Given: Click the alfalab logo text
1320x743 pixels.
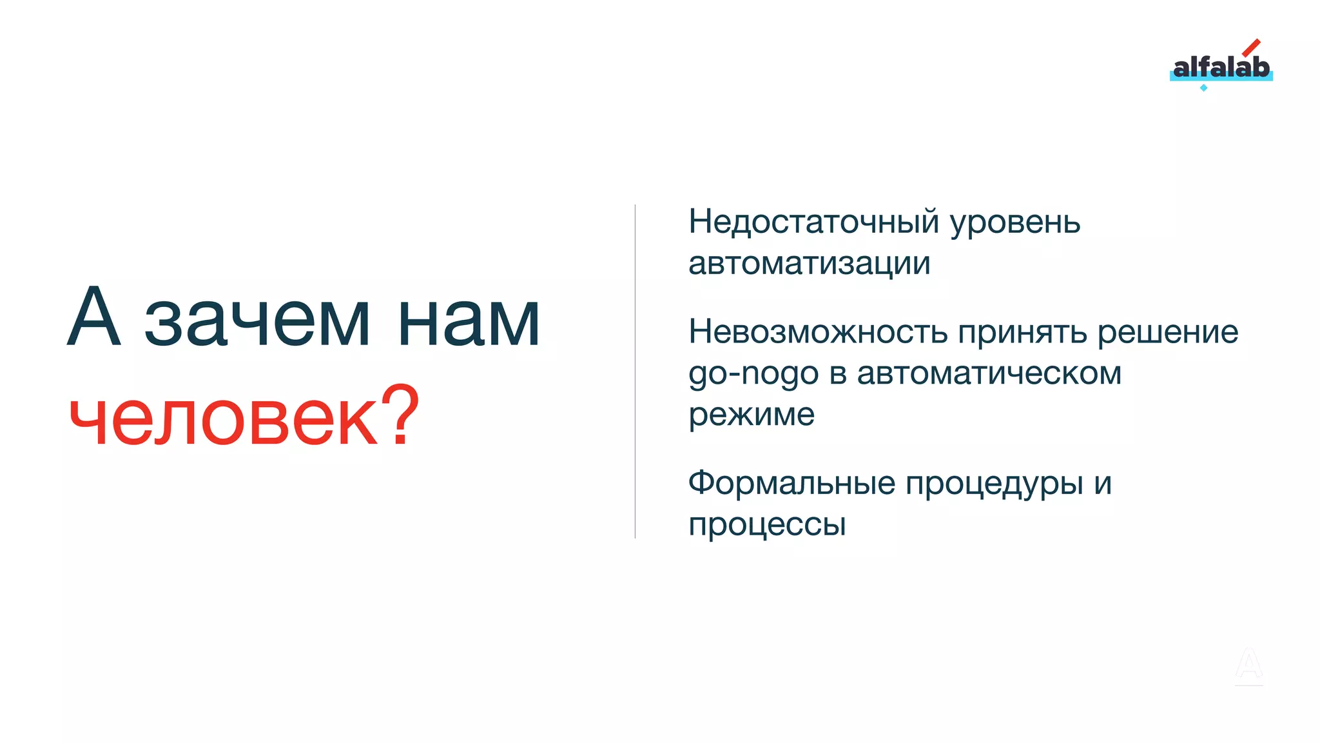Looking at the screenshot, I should [x=1221, y=67].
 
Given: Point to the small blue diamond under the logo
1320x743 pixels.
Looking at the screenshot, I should [x=1203, y=88].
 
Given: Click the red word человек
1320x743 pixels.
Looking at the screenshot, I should [x=222, y=417].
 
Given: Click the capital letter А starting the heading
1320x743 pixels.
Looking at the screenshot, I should [x=94, y=317].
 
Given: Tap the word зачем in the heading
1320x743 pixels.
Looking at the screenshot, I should [x=257, y=321].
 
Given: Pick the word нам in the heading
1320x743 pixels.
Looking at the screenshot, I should [x=469, y=321].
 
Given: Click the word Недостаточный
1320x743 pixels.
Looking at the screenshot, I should [x=813, y=223].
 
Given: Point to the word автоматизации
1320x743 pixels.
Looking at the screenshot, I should [x=809, y=263].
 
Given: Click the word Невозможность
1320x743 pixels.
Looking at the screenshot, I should [x=817, y=332].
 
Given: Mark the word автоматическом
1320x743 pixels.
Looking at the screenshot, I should [x=989, y=373].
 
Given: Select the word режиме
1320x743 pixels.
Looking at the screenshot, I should [x=751, y=415].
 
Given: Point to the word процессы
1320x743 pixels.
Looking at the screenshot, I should [x=766, y=525].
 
